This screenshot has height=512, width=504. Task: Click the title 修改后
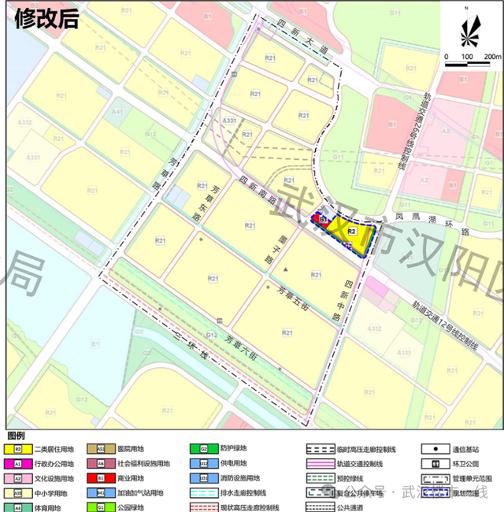coord(46,20)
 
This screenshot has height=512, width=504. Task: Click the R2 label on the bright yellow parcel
coord(351,232)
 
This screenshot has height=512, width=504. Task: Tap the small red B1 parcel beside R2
coord(323,218)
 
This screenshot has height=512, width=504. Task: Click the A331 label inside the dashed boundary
coord(230,121)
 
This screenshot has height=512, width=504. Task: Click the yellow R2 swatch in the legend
coord(17,449)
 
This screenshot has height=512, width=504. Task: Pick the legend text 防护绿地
coord(224,449)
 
